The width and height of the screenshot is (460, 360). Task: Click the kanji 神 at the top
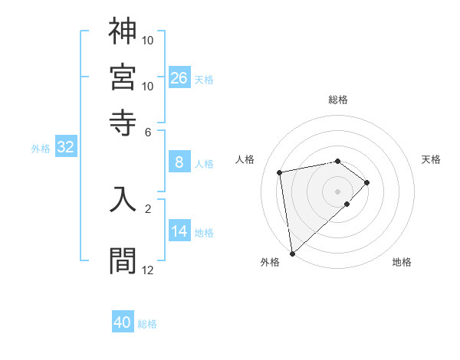[x=123, y=31]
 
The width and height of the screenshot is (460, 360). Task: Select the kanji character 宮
[x=123, y=76]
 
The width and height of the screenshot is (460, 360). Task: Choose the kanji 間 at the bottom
[x=123, y=260]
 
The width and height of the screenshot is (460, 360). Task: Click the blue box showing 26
[x=179, y=77]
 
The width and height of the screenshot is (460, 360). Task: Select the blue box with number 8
[x=179, y=162]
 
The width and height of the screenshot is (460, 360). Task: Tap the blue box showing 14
[x=179, y=231]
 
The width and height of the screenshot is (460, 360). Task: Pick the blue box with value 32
[x=65, y=147]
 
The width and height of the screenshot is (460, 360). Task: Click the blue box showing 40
[x=123, y=322]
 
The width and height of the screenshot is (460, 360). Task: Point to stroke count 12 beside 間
[x=148, y=270]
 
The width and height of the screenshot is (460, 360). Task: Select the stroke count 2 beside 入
[x=148, y=208]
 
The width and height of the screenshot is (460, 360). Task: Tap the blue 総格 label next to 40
[x=147, y=324]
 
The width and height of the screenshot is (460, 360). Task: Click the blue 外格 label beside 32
[x=41, y=149]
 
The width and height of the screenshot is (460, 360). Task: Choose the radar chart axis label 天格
[x=432, y=159]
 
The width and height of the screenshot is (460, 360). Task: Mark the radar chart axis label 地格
[x=402, y=262]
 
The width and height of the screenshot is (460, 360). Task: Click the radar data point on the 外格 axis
[x=292, y=253]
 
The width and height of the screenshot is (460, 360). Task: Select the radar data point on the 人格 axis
[x=280, y=172]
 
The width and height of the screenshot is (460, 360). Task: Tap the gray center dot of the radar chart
[x=338, y=191]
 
